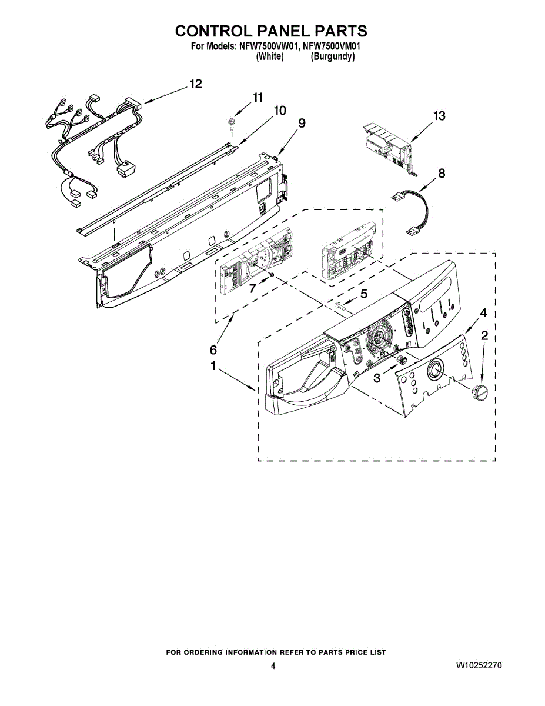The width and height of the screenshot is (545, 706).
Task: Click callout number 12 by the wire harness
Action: tap(195, 84)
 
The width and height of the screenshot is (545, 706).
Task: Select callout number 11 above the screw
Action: tap(258, 98)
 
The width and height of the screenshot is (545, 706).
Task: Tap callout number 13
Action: tap(439, 116)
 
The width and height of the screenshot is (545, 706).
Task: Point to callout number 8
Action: tap(442, 174)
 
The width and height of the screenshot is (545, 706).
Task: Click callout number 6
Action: tap(213, 350)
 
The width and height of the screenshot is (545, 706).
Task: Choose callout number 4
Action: tap(483, 313)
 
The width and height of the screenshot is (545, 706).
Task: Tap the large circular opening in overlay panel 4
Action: tap(436, 369)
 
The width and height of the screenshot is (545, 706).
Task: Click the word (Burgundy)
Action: tap(332, 56)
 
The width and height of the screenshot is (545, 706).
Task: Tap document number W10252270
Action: tap(479, 666)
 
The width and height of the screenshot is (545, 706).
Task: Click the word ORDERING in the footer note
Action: tap(212, 652)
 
